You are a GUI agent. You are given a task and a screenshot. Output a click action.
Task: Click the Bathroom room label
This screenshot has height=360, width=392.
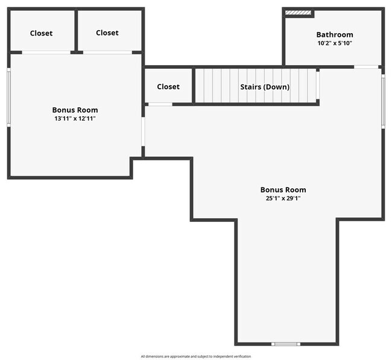(x=335, y=34)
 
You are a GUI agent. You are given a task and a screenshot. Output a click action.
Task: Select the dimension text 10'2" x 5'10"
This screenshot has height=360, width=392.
(x=335, y=43)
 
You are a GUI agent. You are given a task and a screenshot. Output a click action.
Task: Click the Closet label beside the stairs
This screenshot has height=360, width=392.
(x=168, y=86)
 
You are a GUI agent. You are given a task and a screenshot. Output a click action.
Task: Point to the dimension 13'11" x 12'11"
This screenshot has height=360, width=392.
(x=75, y=119)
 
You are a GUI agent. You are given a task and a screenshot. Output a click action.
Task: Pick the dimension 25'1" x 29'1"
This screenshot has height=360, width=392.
(x=283, y=198)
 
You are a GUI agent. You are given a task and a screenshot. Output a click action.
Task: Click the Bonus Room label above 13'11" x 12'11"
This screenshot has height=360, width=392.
(x=75, y=110)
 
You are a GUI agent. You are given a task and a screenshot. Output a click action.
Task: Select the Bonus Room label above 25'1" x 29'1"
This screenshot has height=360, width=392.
(x=283, y=189)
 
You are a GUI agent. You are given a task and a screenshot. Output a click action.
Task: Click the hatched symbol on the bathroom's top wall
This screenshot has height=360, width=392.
(x=298, y=11)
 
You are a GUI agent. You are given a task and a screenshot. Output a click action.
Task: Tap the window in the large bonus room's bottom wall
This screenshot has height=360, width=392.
(x=285, y=344)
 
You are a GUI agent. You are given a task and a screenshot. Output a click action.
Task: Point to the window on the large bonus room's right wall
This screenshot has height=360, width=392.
(x=383, y=101)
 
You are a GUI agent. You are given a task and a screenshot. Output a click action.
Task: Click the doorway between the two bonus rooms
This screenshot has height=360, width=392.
(x=143, y=131)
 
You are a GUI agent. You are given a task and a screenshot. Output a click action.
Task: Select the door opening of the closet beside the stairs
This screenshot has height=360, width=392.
(x=160, y=104)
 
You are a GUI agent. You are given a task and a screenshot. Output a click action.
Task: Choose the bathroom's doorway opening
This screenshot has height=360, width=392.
(x=366, y=66)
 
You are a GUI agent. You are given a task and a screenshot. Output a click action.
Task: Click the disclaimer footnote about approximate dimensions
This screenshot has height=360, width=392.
(x=196, y=356)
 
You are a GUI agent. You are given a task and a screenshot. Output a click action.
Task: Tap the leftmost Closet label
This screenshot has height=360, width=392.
(x=41, y=33)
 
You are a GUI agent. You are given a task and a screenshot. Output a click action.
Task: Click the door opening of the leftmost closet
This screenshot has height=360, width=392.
(x=46, y=52)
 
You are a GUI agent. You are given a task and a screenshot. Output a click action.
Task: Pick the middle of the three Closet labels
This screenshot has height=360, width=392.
(x=107, y=33)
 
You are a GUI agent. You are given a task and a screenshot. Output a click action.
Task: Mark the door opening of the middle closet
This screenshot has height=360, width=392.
(x=107, y=52)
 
